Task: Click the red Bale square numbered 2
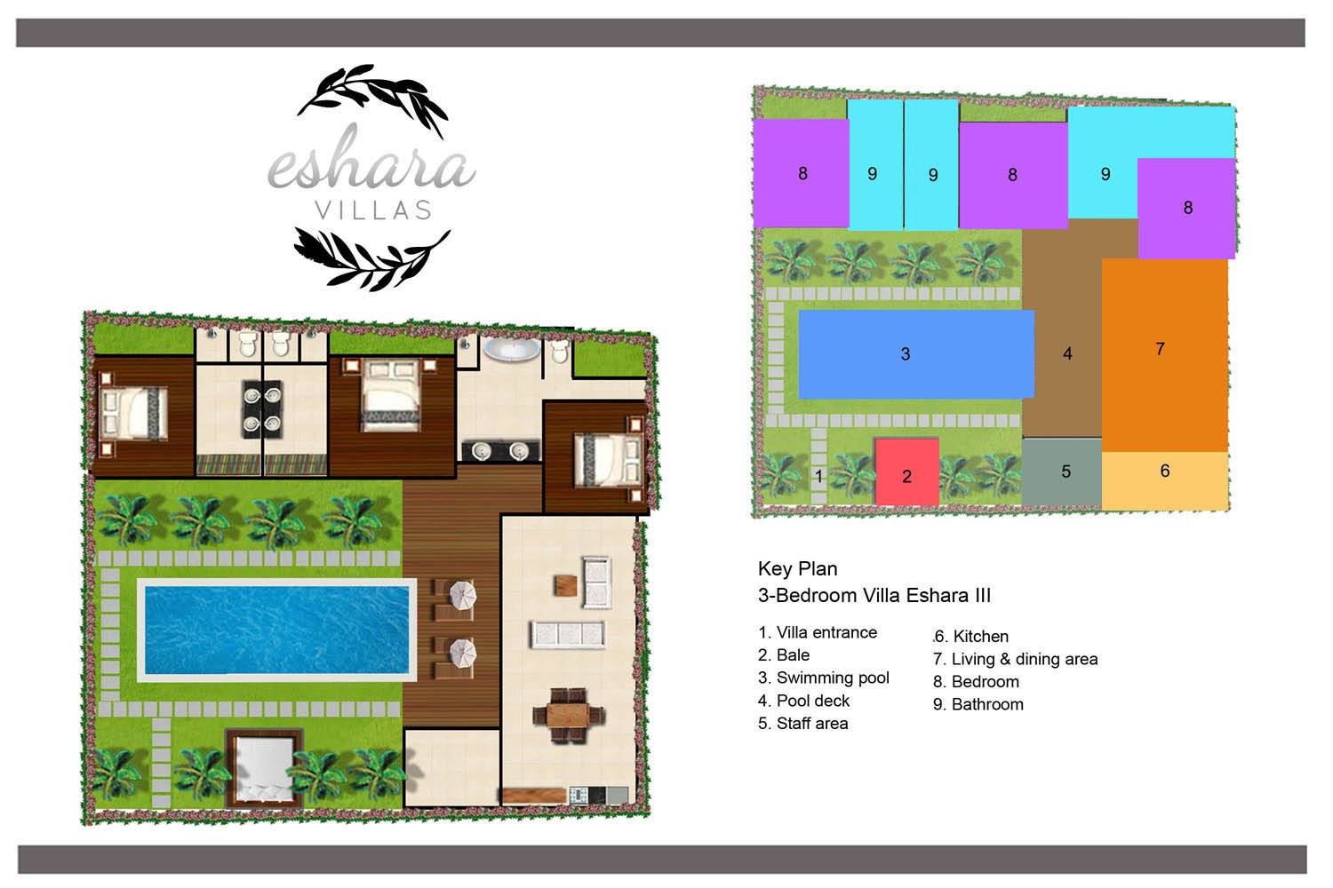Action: point(906,472)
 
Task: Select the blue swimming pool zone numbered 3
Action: point(916,354)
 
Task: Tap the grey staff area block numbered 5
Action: point(1062,473)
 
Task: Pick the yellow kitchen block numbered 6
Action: point(1165,480)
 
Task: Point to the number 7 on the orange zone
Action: point(1160,348)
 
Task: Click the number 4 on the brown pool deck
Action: point(1067,354)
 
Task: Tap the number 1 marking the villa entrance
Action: point(818,476)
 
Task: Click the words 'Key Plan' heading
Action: point(797,569)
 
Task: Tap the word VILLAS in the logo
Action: point(373,210)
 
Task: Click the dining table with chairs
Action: point(568,716)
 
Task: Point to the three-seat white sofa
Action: point(568,634)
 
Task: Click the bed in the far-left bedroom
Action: point(132,414)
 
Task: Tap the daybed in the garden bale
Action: point(264,768)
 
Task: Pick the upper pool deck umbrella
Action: point(462,595)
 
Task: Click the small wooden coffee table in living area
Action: point(564,585)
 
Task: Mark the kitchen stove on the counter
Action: point(579,795)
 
